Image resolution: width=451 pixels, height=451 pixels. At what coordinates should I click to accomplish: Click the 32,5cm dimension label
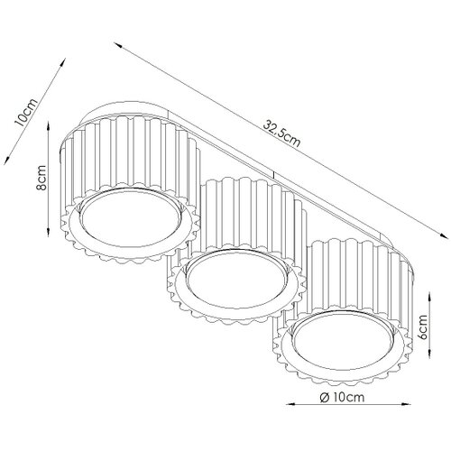pyautogui.click(x=281, y=133)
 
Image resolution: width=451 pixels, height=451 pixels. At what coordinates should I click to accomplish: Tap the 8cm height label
pyautogui.click(x=41, y=178)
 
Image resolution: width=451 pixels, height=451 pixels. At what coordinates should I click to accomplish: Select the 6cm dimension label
pyautogui.click(x=423, y=327)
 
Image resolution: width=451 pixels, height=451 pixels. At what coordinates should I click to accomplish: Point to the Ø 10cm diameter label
pyautogui.click(x=342, y=398)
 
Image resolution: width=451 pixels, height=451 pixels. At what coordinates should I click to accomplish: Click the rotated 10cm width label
pyautogui.click(x=26, y=112)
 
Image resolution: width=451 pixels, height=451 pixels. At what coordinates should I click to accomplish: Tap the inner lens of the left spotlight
pyautogui.click(x=131, y=217)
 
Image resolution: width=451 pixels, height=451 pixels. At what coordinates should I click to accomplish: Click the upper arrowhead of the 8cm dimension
pyautogui.click(x=48, y=125)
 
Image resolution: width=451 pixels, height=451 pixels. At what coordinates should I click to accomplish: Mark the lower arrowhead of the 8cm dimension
pyautogui.click(x=48, y=232)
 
